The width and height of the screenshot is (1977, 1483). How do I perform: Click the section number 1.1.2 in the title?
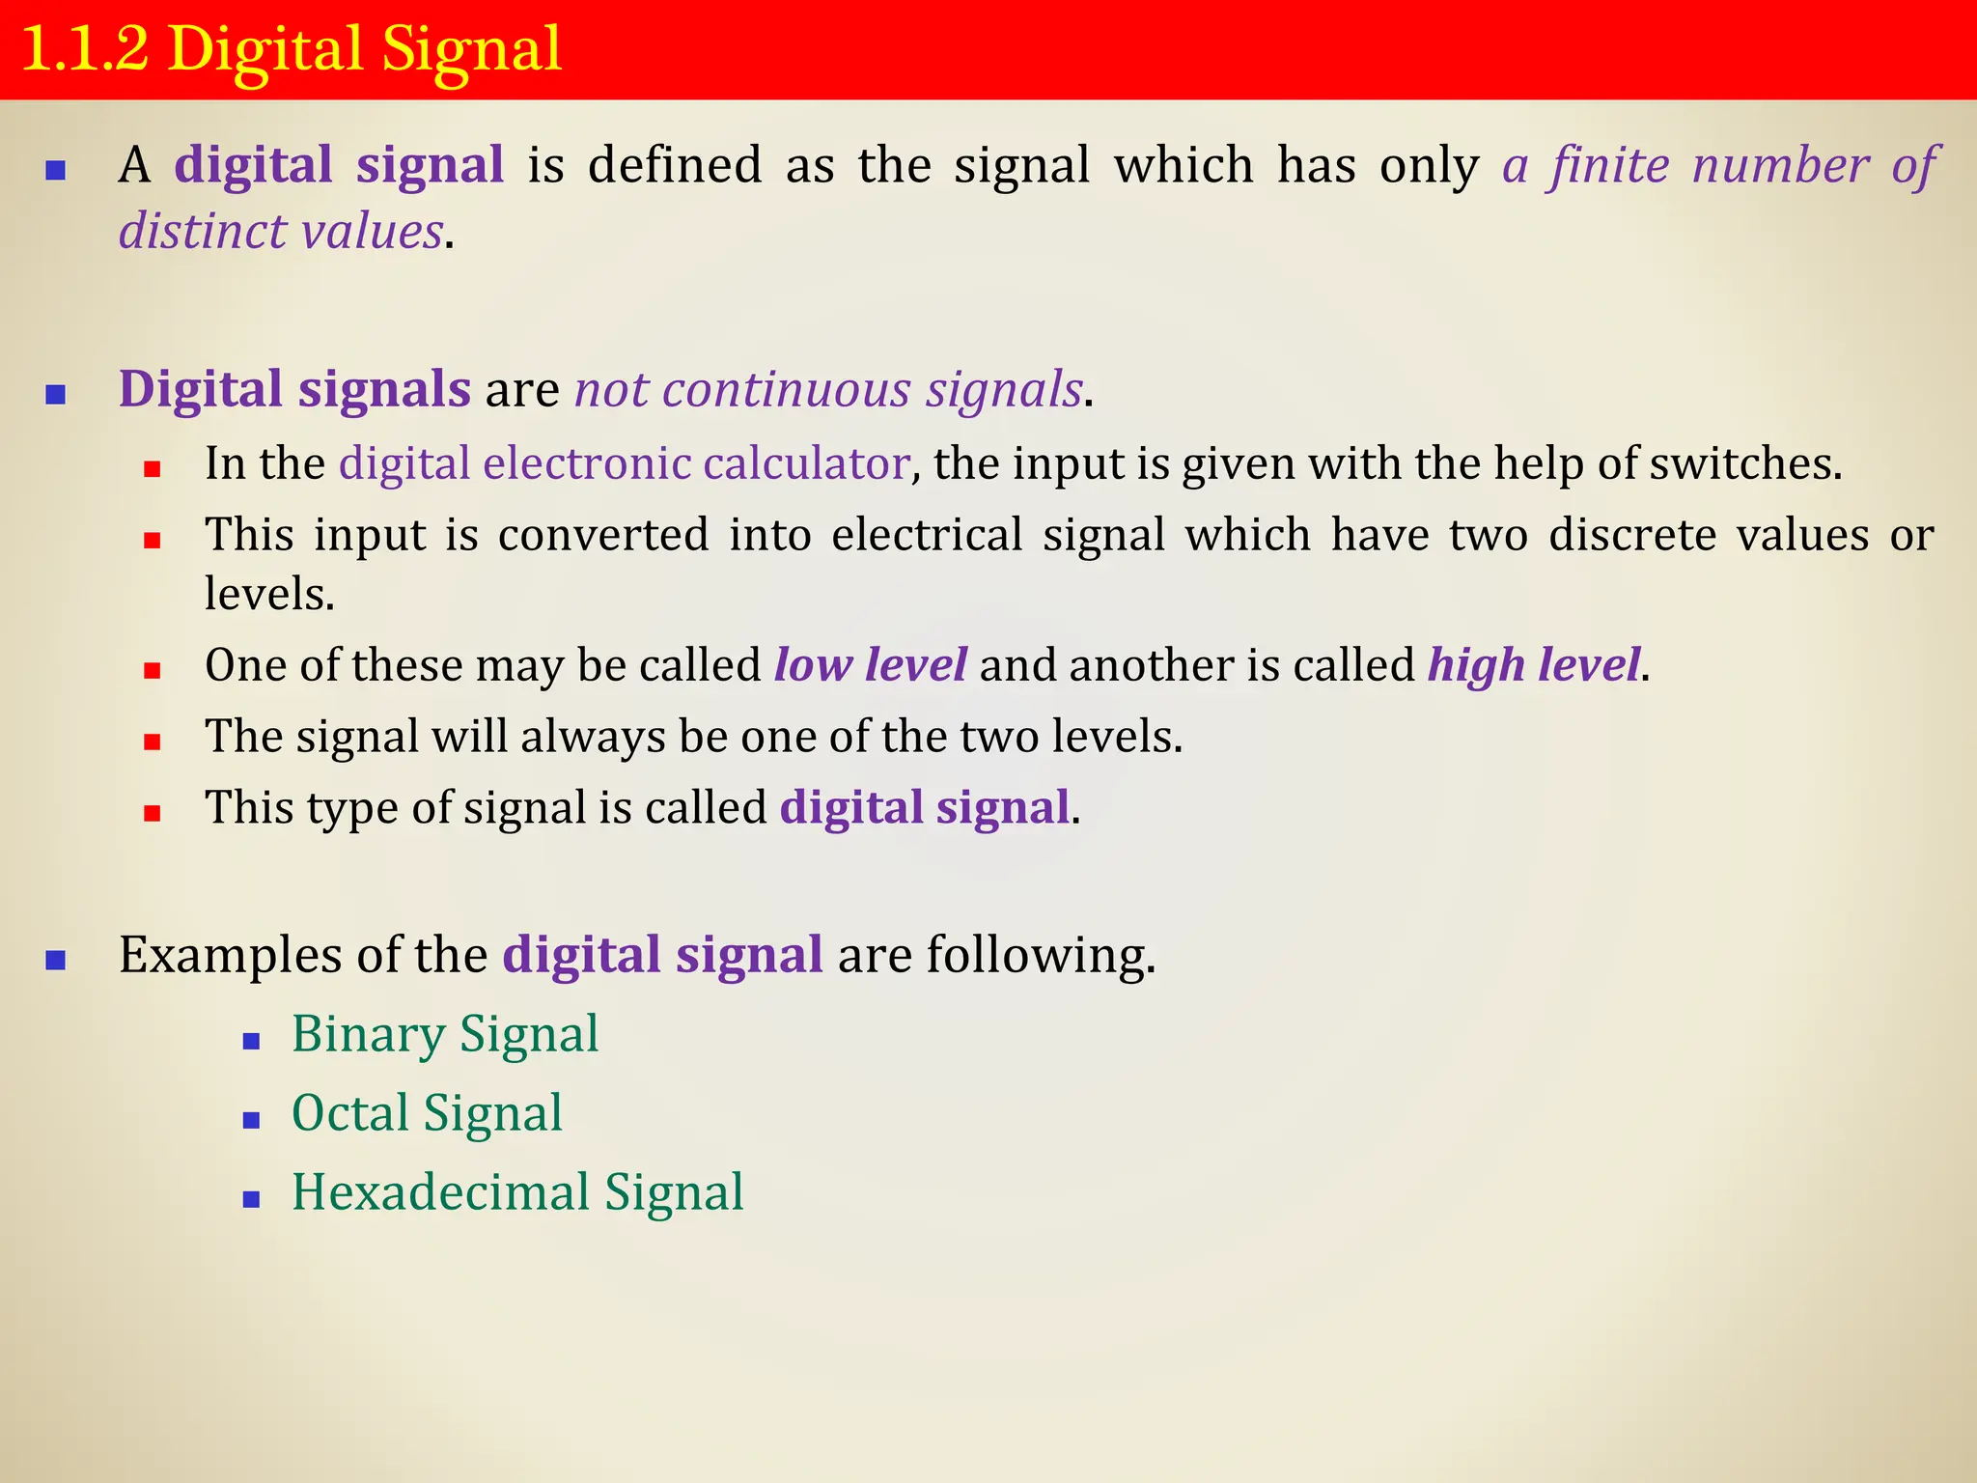click(x=85, y=48)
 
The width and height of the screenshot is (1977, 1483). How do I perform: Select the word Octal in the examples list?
click(x=349, y=1113)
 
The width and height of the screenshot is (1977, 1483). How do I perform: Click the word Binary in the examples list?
click(x=368, y=1035)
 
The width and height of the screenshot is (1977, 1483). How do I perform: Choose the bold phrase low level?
click(x=870, y=665)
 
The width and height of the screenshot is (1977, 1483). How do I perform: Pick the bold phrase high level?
click(x=1534, y=665)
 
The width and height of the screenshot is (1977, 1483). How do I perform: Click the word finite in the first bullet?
click(x=1609, y=165)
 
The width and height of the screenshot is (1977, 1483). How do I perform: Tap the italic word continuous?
click(x=787, y=390)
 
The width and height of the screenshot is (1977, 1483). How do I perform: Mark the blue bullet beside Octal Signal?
click(x=252, y=1121)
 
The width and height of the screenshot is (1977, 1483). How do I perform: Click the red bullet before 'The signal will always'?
click(x=152, y=742)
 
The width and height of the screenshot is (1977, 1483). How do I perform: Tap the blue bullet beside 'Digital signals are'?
click(x=56, y=395)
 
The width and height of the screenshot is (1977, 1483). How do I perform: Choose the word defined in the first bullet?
click(x=676, y=165)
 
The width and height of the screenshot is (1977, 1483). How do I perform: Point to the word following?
click(x=1040, y=956)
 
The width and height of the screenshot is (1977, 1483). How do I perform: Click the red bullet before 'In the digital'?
click(x=152, y=470)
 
